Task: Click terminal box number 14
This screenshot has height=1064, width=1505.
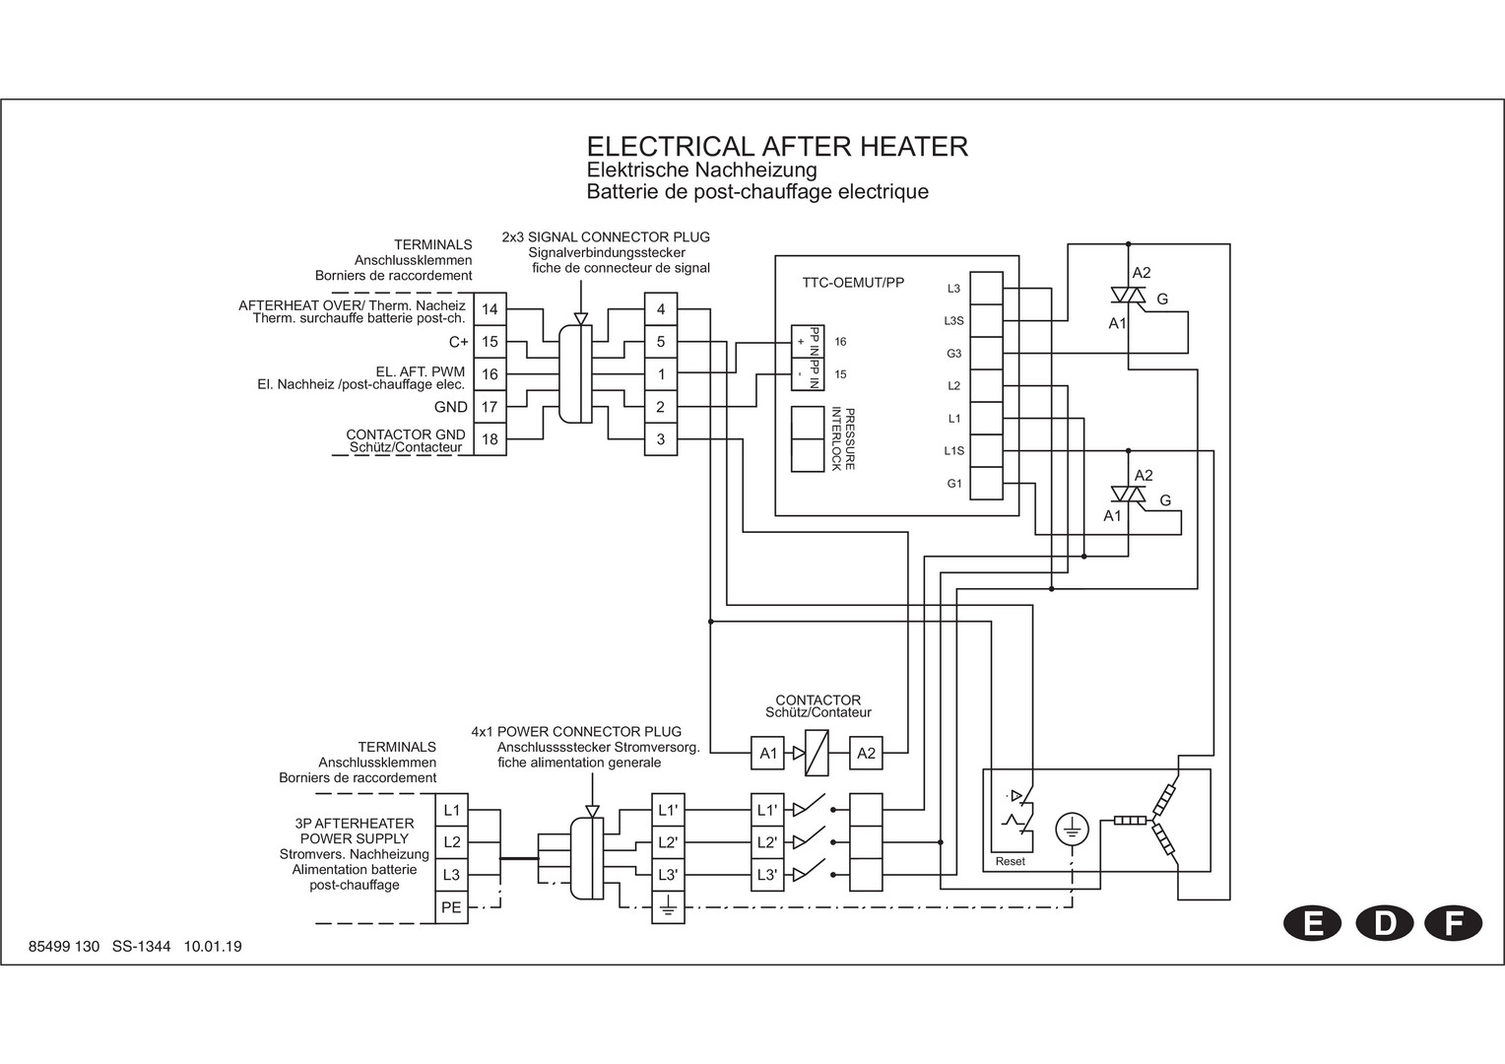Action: click(490, 309)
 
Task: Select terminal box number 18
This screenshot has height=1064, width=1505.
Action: click(490, 439)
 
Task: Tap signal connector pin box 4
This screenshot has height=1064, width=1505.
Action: click(661, 309)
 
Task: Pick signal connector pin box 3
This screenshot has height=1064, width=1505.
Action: click(661, 439)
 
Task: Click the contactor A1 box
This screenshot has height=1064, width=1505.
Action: click(768, 754)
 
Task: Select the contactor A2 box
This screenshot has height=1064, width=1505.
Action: click(866, 754)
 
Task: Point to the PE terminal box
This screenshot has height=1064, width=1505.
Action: click(451, 907)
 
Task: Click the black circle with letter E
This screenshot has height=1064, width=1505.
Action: click(1312, 923)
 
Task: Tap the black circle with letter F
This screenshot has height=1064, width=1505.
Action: click(1453, 923)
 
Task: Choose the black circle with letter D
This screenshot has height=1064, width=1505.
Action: click(1384, 923)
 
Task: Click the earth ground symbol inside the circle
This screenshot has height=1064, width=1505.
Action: click(1073, 829)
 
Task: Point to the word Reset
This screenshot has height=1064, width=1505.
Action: click(1011, 862)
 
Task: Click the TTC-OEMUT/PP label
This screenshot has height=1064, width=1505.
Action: click(853, 283)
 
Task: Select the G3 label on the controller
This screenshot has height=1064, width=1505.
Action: click(954, 354)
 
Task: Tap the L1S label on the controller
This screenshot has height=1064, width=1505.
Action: click(954, 451)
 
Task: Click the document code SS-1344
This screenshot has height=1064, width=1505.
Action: click(141, 947)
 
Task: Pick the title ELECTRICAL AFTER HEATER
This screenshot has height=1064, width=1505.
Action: click(777, 147)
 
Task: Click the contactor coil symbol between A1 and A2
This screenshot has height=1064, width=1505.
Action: click(817, 754)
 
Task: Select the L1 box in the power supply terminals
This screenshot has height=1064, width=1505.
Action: click(451, 810)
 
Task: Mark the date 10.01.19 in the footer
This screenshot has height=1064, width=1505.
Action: click(213, 947)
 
